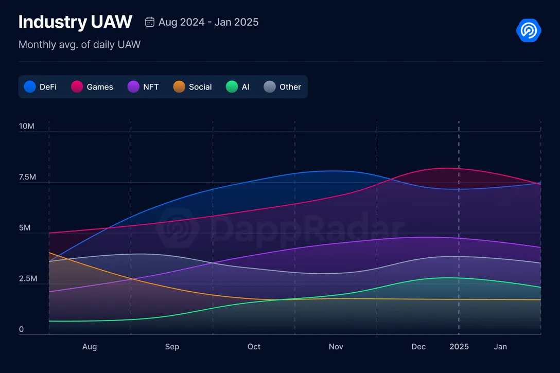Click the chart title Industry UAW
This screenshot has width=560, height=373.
coord(75,22)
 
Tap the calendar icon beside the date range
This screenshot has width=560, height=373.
coord(150,22)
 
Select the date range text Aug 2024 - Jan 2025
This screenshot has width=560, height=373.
coord(208,22)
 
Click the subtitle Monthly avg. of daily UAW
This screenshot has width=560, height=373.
coord(79,45)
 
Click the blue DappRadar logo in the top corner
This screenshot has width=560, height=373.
coord(529,30)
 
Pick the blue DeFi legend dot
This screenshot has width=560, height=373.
coord(30,87)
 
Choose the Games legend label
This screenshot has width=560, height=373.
coord(100,87)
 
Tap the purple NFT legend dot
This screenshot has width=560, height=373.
coord(133,87)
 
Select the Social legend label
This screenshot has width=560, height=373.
coord(200,87)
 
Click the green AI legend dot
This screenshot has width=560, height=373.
coord(232,87)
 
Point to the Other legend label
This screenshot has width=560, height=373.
coord(290,87)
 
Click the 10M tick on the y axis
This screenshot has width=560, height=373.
coord(26,126)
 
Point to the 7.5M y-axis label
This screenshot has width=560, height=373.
coord(27,177)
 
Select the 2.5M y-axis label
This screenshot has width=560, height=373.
coord(27,279)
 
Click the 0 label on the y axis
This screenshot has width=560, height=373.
coord(21,330)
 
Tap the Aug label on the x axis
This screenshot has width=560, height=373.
coord(90,347)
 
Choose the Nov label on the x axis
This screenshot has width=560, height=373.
coord(336,347)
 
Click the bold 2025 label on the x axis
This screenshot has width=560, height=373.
coord(459,347)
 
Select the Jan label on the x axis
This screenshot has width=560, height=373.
coord(500,347)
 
